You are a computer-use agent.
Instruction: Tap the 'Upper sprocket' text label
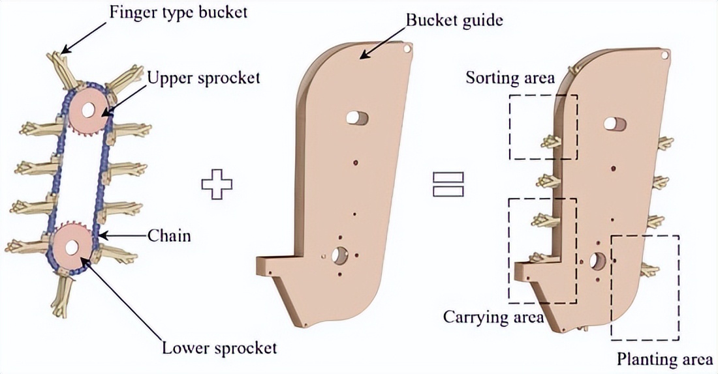[x=203, y=78]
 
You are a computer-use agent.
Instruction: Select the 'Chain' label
[x=169, y=235]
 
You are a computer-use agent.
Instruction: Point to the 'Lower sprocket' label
[x=219, y=347]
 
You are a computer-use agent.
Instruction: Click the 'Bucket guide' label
[x=454, y=20]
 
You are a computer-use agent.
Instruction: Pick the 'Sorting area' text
[x=510, y=79]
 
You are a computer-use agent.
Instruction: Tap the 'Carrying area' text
[x=493, y=317]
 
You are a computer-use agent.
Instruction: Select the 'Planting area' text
[x=664, y=359]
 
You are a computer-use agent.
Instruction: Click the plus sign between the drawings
[x=217, y=183]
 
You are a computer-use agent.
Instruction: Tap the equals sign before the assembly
[x=448, y=183]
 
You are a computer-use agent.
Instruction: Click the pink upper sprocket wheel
[x=86, y=108]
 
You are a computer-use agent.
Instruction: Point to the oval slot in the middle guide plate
[x=356, y=117]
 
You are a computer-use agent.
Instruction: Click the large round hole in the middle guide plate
[x=339, y=256]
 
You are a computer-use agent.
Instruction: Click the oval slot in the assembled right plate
[x=614, y=123]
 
